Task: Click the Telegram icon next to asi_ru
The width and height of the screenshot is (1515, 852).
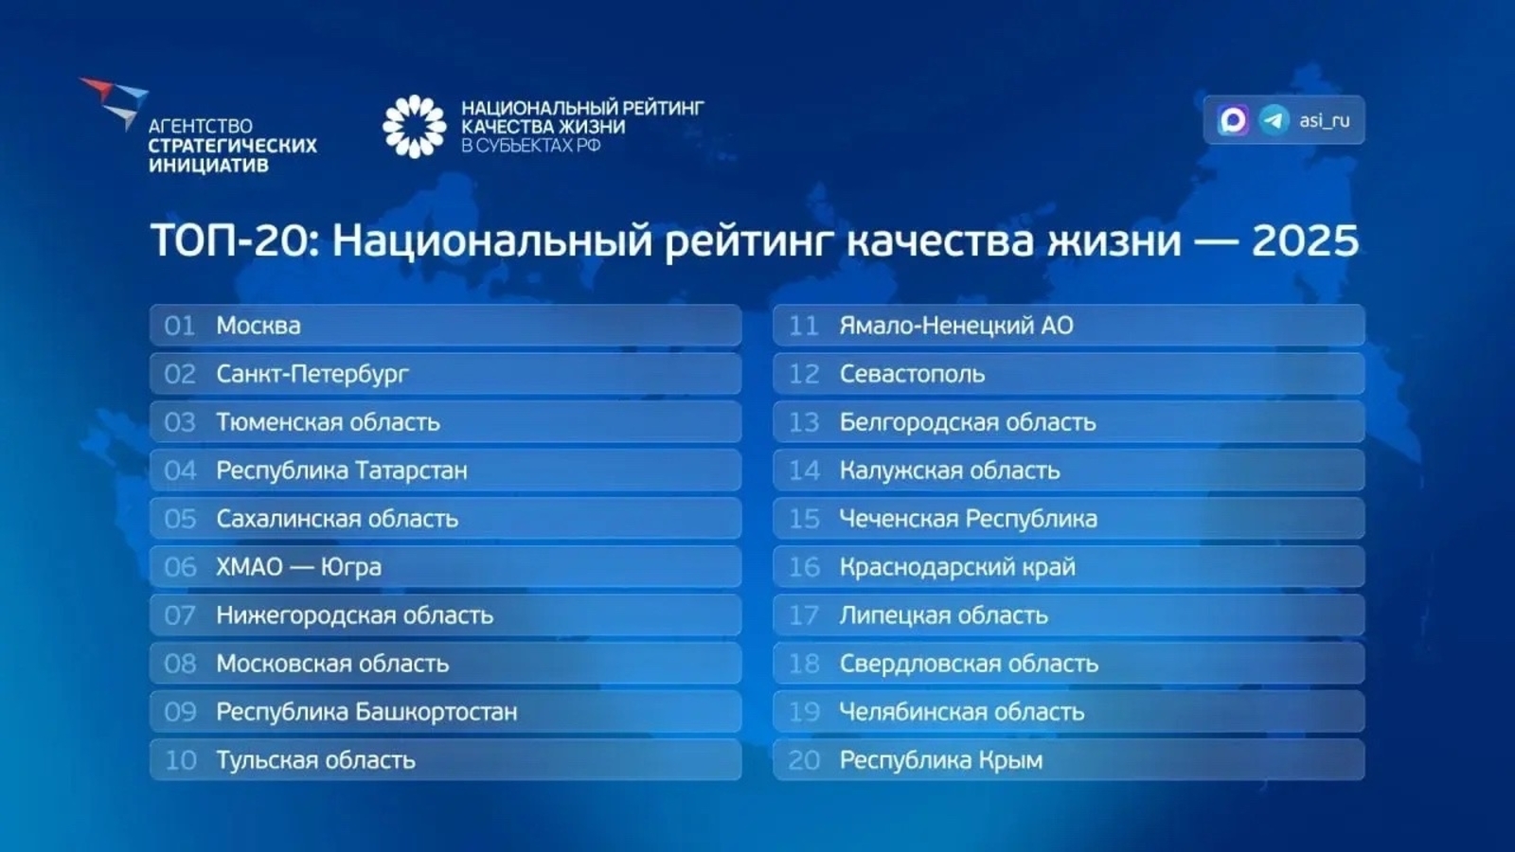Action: point(1274,120)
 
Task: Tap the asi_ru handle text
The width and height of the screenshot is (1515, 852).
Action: point(1324,120)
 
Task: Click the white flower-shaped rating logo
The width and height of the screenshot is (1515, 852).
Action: point(414,126)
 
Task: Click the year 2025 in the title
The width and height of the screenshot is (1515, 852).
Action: point(1305,240)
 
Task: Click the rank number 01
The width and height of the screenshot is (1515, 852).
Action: point(180,326)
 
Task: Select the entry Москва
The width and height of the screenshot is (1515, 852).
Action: point(258,326)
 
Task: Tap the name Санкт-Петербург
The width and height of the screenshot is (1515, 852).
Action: point(312,374)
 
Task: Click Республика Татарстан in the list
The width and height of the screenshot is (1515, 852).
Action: point(342,470)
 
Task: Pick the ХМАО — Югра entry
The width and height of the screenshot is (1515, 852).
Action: point(298,567)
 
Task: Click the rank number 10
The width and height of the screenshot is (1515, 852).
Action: point(180,760)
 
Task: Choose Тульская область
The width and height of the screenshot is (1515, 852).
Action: point(315,760)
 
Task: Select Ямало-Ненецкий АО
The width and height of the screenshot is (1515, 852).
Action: point(956,326)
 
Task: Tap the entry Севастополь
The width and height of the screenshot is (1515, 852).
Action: point(912,374)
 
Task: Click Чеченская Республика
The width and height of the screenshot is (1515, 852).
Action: point(968,519)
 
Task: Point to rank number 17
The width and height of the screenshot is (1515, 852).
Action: point(804,615)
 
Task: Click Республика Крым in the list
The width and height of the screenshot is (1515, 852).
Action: point(941,760)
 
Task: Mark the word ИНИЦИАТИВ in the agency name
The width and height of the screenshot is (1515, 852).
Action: point(208,165)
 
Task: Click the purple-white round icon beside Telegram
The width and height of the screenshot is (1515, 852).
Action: point(1233,120)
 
